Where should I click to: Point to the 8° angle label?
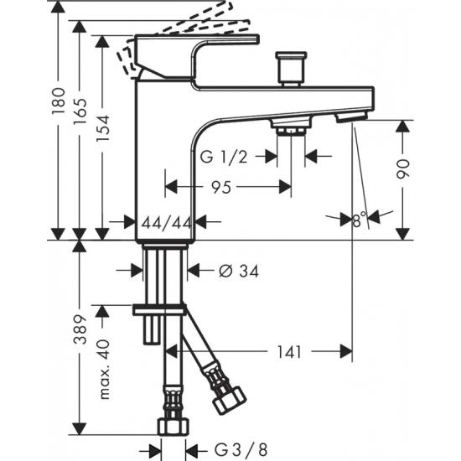tap(360, 220)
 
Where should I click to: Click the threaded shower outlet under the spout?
tap(290, 127)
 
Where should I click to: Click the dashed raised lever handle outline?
tap(193, 25)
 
